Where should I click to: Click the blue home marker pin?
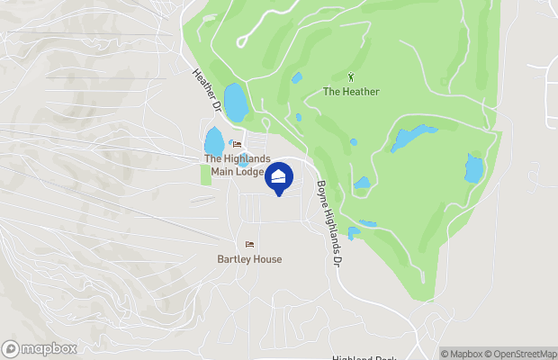[x=279, y=177]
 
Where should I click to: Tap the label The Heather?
[x=351, y=92]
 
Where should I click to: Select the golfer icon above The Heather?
[x=351, y=77]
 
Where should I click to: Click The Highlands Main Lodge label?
[x=238, y=166]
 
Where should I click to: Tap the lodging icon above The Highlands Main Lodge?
[x=238, y=144]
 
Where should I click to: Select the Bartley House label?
[x=249, y=259]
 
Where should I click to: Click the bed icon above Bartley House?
[x=249, y=245]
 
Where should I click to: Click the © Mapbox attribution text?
[x=462, y=354]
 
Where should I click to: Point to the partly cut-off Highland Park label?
[x=364, y=357]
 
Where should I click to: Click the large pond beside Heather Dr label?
[x=236, y=103]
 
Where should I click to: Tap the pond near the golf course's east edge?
[x=473, y=167]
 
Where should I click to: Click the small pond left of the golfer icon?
[x=297, y=78]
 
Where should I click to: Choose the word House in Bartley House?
[x=267, y=259]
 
